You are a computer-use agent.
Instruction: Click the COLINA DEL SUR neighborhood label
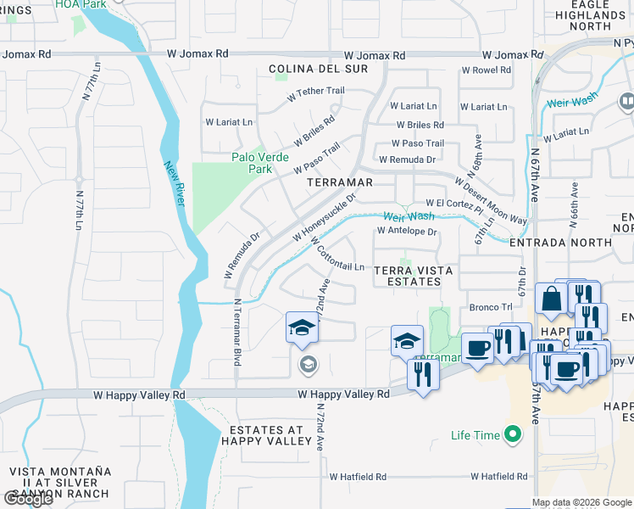click(x=318, y=68)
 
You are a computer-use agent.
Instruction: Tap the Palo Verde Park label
click(x=260, y=162)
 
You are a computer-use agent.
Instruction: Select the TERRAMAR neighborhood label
click(x=340, y=182)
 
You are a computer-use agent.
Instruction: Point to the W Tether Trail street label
click(x=315, y=95)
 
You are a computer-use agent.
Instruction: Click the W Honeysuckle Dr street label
click(x=325, y=215)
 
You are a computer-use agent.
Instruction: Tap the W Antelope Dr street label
click(x=406, y=231)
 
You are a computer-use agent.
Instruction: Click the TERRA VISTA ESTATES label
click(x=414, y=277)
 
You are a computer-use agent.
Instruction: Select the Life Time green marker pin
click(x=511, y=435)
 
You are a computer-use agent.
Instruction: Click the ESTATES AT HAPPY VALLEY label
click(x=266, y=434)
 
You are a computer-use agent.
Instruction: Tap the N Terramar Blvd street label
click(x=237, y=331)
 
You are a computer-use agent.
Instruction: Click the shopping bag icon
click(x=551, y=299)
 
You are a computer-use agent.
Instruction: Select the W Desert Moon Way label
click(x=489, y=200)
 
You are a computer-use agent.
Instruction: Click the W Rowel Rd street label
click(x=486, y=70)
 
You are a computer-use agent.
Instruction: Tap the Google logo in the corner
click(x=28, y=500)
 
